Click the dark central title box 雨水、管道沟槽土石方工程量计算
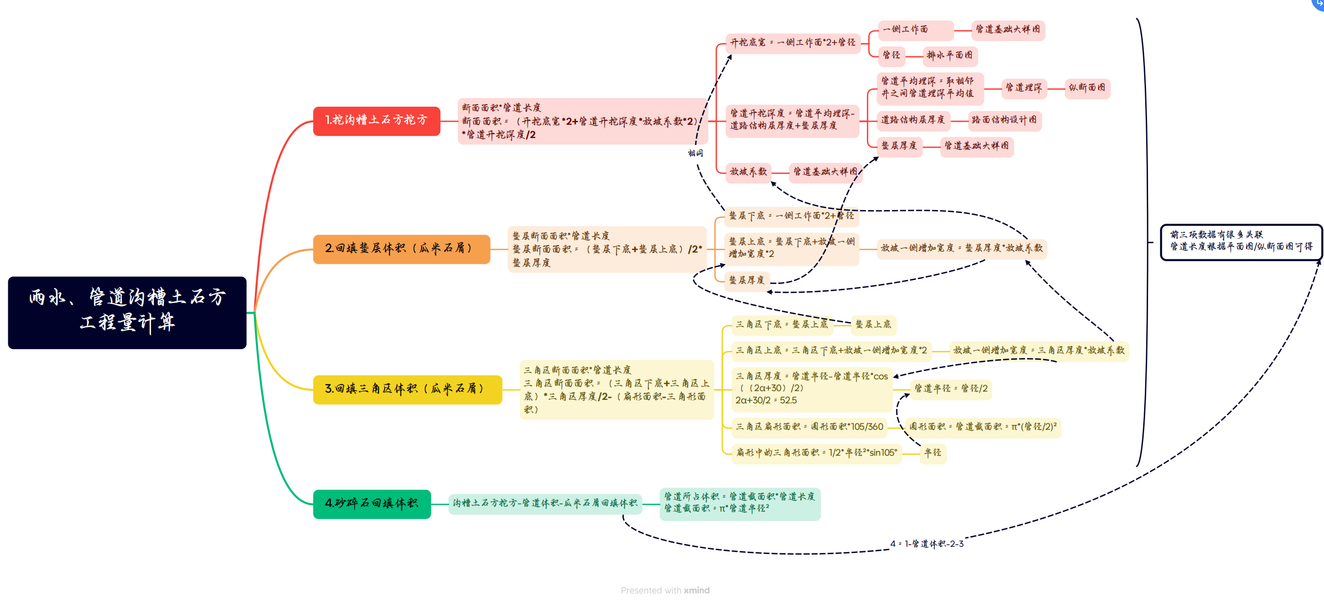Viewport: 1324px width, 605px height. [x=127, y=312]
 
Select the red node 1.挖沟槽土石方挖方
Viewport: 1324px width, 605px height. [x=376, y=121]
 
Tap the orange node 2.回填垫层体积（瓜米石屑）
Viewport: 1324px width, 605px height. [x=401, y=249]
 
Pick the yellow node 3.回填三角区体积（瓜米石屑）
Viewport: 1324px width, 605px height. [x=407, y=389]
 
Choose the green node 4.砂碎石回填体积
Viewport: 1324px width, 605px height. [x=371, y=503]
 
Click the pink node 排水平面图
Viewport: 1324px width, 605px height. [x=949, y=55]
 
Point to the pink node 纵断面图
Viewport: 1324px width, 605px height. [x=1086, y=88]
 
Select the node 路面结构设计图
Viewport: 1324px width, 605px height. [x=1004, y=120]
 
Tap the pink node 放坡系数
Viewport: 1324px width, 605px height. [x=748, y=172]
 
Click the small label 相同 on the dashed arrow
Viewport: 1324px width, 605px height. [x=695, y=153]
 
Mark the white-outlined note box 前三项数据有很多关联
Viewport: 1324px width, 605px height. [x=1241, y=241]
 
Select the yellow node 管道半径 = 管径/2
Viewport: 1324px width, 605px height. [x=950, y=389]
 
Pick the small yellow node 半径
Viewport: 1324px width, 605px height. [x=932, y=453]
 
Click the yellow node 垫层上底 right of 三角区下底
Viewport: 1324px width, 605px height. [x=873, y=325]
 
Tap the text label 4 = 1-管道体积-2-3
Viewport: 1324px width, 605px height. [x=927, y=544]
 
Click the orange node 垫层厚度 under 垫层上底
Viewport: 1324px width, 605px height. [x=746, y=280]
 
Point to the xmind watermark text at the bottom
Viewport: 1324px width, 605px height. [x=664, y=591]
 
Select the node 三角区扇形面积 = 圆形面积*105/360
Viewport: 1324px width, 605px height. [x=809, y=427]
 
